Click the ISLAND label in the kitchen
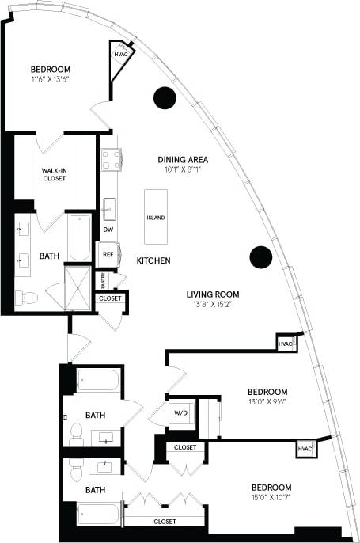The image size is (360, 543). (x=156, y=218)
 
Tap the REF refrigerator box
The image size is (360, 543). (x=108, y=254)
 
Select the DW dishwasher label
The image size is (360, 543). (x=108, y=230)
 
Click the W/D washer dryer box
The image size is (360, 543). (x=180, y=412)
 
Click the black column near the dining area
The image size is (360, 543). (x=164, y=97)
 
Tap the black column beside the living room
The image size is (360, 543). (x=260, y=256)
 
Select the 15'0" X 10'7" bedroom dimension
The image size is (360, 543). (x=271, y=498)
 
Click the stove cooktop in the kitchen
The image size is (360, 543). (x=109, y=160)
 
